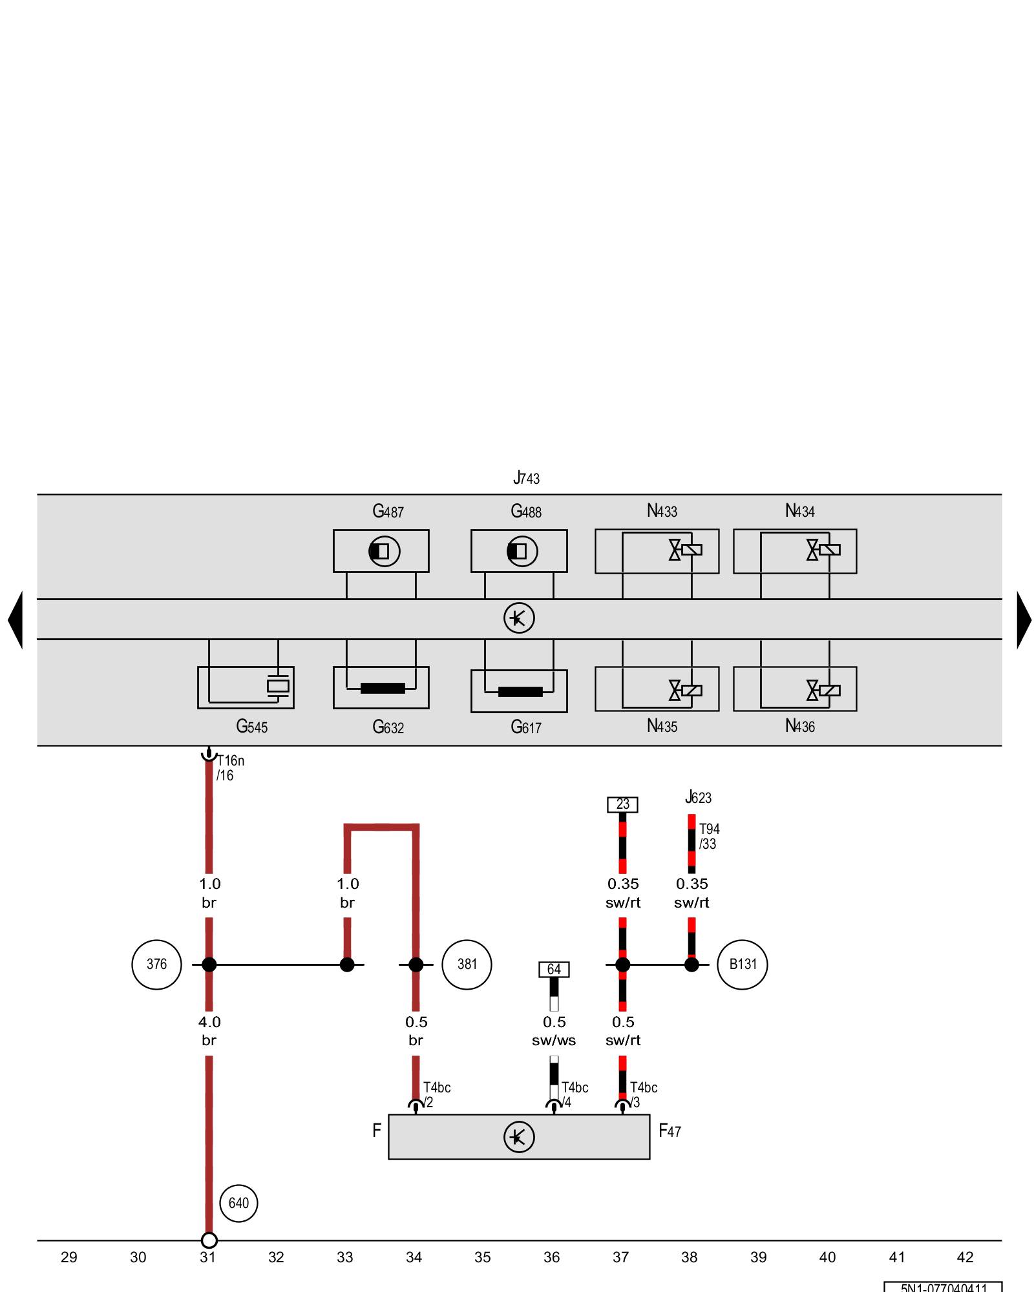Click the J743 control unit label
click(x=526, y=478)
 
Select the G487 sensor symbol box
click(x=381, y=551)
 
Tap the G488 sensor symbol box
click(x=518, y=551)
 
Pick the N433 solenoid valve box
click(x=657, y=551)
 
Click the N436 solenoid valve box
click(x=794, y=689)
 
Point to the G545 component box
click(x=246, y=687)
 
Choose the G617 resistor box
click(x=518, y=691)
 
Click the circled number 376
click(x=156, y=964)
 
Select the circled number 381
click(x=467, y=964)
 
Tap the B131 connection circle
click(x=742, y=964)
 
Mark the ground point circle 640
click(x=238, y=1203)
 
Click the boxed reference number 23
click(x=622, y=804)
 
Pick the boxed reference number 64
click(x=554, y=969)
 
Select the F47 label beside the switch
click(x=670, y=1130)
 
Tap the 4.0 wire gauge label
click(x=209, y=1022)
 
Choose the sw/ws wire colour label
click(x=554, y=1041)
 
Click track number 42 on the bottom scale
click(x=965, y=1257)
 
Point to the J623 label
click(x=698, y=797)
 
